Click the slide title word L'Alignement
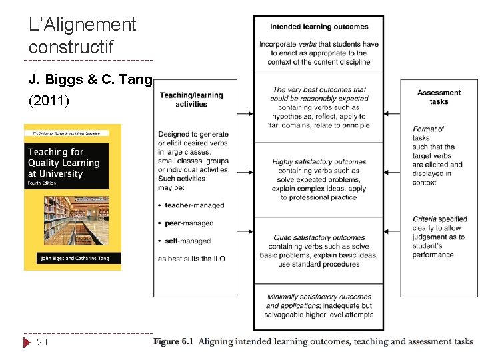83,25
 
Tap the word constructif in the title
71,47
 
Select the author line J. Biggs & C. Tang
91,80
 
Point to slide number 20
42,342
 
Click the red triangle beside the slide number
27,343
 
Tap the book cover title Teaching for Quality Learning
64,163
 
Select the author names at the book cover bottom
73,258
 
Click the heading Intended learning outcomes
319,27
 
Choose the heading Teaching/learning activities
191,99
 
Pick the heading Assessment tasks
439,97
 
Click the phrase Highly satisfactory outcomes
319,162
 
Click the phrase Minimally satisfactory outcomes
319,297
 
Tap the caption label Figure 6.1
173,341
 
